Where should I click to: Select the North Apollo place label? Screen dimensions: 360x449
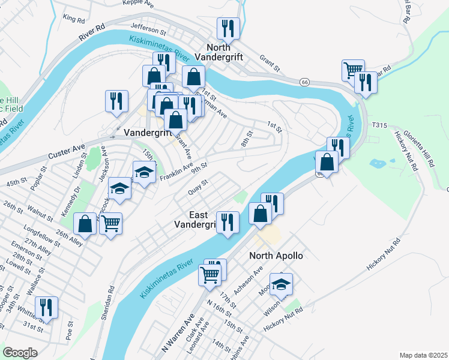(x=276, y=256)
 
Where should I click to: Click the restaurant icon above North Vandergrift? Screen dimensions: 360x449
(x=228, y=28)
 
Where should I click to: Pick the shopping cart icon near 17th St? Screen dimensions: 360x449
(x=209, y=275)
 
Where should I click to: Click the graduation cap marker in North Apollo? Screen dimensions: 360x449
(x=280, y=284)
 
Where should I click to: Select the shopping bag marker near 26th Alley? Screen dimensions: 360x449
(x=85, y=224)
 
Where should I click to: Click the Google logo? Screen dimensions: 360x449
(x=20, y=352)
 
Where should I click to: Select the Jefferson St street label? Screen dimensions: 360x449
(x=148, y=29)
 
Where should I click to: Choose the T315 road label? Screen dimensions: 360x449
(x=379, y=125)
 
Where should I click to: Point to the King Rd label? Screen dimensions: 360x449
(x=74, y=19)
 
